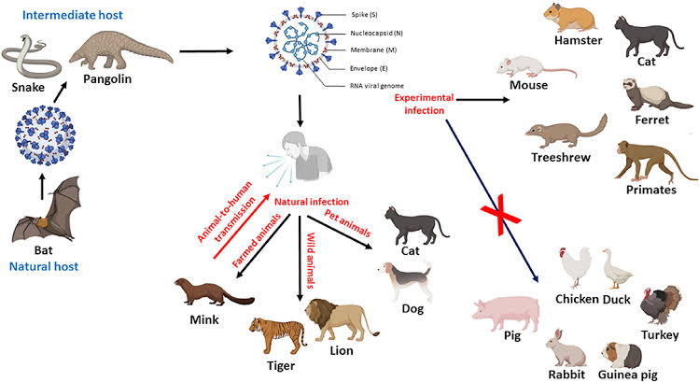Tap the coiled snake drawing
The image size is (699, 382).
point(30,59)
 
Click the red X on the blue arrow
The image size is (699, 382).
point(500,215)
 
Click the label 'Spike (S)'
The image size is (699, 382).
point(364,14)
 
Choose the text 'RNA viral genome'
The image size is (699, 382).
point(377,86)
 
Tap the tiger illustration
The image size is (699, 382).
point(277,335)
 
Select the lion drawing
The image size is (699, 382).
point(341,320)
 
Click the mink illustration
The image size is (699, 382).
point(214,292)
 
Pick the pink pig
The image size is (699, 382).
point(506,314)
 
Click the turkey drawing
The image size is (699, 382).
point(661,305)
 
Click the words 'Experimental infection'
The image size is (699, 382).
point(424,104)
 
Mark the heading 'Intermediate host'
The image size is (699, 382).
point(72,15)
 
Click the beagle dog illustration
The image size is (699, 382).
point(407,280)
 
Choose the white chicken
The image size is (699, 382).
point(575,267)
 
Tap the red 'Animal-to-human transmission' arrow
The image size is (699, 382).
point(241,227)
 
